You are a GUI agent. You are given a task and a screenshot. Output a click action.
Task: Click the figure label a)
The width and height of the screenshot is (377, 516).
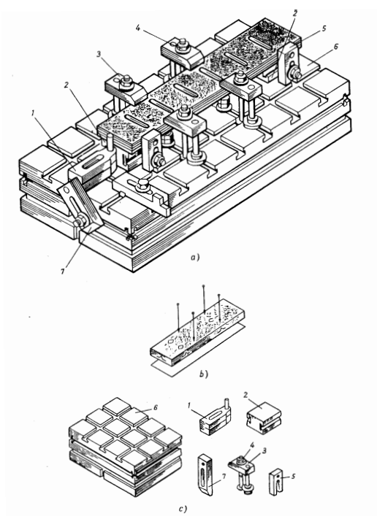pos(195,257)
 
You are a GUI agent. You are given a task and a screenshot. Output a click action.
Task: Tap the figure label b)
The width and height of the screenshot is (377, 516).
pos(204,374)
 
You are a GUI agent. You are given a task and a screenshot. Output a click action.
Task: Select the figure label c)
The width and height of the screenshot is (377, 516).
pos(183,509)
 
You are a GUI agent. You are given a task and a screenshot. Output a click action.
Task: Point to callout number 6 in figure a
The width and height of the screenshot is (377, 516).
pos(336,47)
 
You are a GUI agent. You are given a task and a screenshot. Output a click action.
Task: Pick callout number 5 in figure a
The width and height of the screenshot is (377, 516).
pos(324,28)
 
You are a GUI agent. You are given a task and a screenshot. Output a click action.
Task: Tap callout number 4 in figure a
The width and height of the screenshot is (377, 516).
pos(138,28)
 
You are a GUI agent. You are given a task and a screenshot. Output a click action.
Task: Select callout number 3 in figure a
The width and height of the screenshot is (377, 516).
pos(99,54)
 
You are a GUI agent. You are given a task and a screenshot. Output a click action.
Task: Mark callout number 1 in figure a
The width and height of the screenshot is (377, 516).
pos(33,113)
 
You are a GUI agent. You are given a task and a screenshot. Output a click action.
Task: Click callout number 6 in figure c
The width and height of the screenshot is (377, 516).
pos(155,408)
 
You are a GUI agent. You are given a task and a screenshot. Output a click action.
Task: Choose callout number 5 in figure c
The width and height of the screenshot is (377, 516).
pos(293,476)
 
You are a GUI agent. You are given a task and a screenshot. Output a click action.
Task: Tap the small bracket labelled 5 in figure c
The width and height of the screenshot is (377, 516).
pos(276,482)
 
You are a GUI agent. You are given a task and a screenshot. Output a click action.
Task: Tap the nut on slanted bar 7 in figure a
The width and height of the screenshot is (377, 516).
pos(80,222)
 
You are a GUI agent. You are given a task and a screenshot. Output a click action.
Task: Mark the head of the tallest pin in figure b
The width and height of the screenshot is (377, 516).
pos(204,285)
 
